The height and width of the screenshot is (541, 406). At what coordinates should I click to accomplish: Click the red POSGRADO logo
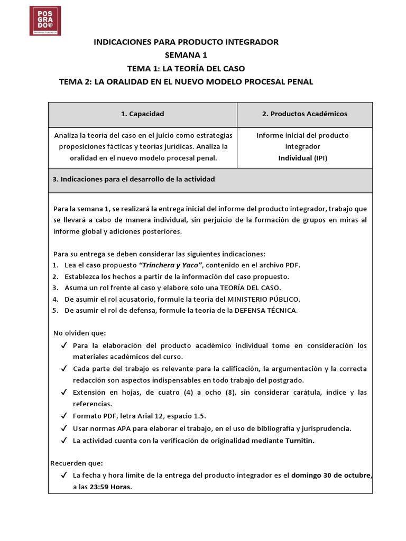(x=45, y=21)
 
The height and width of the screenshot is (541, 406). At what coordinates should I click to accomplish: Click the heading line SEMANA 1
(x=186, y=55)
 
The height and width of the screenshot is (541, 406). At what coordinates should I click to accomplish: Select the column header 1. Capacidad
(x=142, y=114)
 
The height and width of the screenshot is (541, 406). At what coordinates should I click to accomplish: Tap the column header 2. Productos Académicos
(x=304, y=114)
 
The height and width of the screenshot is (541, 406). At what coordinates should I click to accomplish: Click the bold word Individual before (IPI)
(x=294, y=157)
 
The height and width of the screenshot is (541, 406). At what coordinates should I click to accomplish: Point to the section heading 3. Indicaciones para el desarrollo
(x=134, y=180)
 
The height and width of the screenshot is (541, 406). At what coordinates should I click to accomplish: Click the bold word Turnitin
(x=300, y=440)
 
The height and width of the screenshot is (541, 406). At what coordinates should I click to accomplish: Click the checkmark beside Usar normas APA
(x=63, y=428)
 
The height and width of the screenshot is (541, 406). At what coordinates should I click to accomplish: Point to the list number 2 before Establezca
(x=55, y=276)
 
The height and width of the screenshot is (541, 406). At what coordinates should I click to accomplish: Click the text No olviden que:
(x=80, y=333)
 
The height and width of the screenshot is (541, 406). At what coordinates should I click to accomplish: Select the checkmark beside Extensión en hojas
(x=63, y=393)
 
